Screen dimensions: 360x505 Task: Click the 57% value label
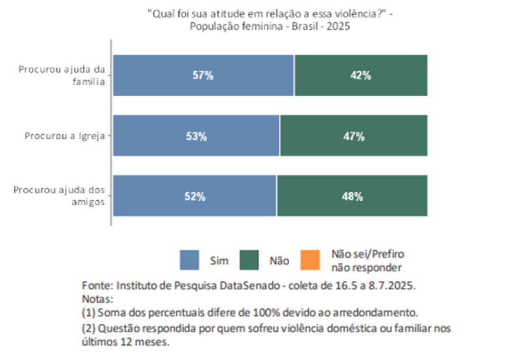click(x=203, y=76)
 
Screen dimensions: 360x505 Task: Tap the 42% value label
click(x=361, y=76)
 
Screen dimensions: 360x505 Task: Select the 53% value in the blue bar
click(x=196, y=136)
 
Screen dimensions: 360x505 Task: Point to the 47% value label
click(x=354, y=136)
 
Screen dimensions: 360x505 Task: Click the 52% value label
click(x=195, y=196)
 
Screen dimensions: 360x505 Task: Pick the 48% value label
click(x=352, y=196)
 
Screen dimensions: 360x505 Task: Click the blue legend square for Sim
click(x=190, y=260)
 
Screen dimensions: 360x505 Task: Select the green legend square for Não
click(x=250, y=260)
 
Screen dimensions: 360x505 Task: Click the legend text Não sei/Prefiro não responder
click(x=367, y=261)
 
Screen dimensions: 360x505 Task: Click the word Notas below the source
click(x=97, y=300)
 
